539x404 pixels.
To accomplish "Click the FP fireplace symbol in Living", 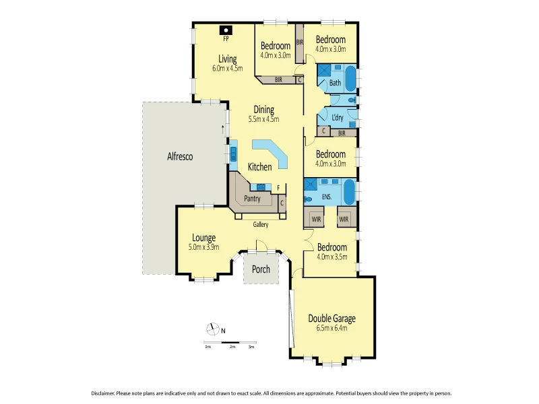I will point(226,31).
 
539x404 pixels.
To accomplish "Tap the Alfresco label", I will point(180,156).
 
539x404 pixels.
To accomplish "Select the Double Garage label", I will point(331,318).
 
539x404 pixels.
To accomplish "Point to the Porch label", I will point(261,269).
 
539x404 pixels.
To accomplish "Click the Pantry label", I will point(252,199).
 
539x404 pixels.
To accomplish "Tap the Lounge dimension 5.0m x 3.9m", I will point(203,247).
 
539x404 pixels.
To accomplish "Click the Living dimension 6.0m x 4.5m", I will point(227,68).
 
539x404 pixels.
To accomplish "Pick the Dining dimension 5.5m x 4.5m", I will point(263,119).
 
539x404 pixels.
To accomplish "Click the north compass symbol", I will point(214,329).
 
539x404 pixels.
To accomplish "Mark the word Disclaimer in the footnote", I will point(103,393).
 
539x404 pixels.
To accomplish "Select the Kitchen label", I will point(259,167).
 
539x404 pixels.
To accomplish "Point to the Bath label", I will point(335,83).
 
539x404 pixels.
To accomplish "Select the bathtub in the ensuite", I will point(350,192).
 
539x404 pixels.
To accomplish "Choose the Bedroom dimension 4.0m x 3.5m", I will point(331,257).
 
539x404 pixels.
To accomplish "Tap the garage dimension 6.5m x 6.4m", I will point(331,328).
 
